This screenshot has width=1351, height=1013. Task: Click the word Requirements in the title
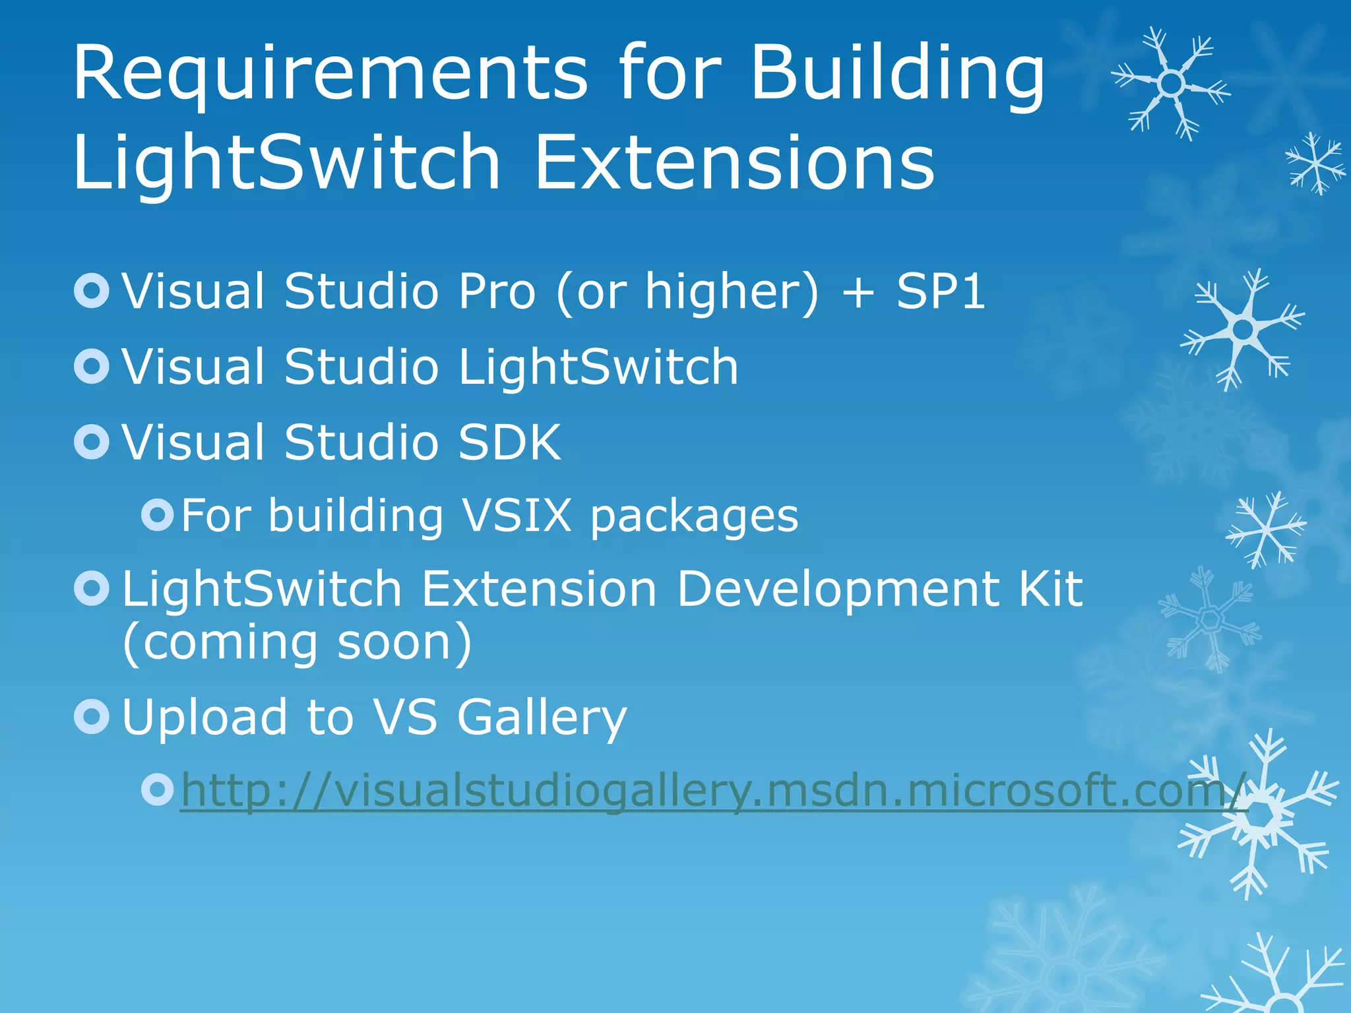click(330, 74)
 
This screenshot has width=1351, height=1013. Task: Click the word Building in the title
click(897, 74)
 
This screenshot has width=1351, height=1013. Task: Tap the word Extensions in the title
click(734, 162)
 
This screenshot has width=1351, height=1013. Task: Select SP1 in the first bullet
click(941, 291)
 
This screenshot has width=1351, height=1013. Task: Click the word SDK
click(509, 442)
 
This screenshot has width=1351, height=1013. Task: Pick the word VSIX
click(517, 515)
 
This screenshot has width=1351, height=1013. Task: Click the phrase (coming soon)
click(297, 643)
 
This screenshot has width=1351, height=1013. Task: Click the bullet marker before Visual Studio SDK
click(92, 442)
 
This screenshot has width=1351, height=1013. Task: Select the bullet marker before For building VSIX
click(158, 515)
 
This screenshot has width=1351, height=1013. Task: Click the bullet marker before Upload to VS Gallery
click(92, 717)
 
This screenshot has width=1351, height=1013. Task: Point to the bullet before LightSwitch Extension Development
click(92, 588)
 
